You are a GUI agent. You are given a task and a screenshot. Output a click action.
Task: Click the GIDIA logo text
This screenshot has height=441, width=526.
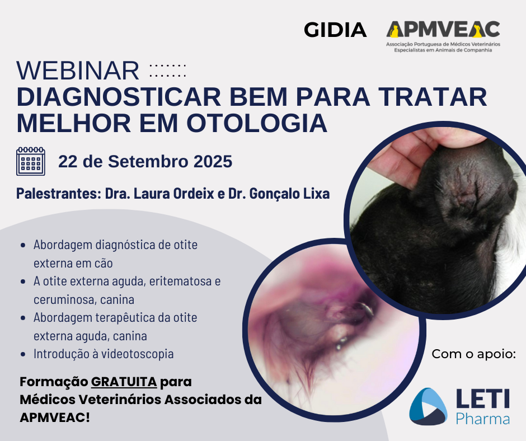(x=335, y=30)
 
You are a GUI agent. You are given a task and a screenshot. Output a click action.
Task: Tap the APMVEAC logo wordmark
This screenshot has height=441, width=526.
(x=443, y=29)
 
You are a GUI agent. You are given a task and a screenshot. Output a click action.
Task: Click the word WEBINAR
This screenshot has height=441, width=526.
(x=78, y=71)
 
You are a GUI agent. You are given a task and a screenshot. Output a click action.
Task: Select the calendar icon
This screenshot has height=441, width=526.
(x=31, y=161)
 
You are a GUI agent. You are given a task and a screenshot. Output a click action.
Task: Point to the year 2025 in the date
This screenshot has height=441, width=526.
(x=213, y=161)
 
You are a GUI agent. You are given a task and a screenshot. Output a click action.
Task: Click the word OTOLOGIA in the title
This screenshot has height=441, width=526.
(x=257, y=124)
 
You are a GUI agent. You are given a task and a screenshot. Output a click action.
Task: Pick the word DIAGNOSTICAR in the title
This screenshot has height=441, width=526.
(x=119, y=97)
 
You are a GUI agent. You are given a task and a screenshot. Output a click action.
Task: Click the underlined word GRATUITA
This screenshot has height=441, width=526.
(x=124, y=382)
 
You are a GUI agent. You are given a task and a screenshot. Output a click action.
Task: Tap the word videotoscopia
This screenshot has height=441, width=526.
(x=138, y=354)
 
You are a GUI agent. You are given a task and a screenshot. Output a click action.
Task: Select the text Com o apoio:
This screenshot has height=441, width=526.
(x=473, y=354)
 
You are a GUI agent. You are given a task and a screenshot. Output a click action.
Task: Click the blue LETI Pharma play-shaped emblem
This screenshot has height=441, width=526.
(x=429, y=406)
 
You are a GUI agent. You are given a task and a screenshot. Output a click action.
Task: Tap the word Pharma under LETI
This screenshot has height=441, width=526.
(x=483, y=419)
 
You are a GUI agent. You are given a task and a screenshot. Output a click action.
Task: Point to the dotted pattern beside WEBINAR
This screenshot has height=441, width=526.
(x=168, y=71)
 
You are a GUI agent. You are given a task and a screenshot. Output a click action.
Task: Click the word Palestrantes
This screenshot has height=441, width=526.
(x=59, y=194)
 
